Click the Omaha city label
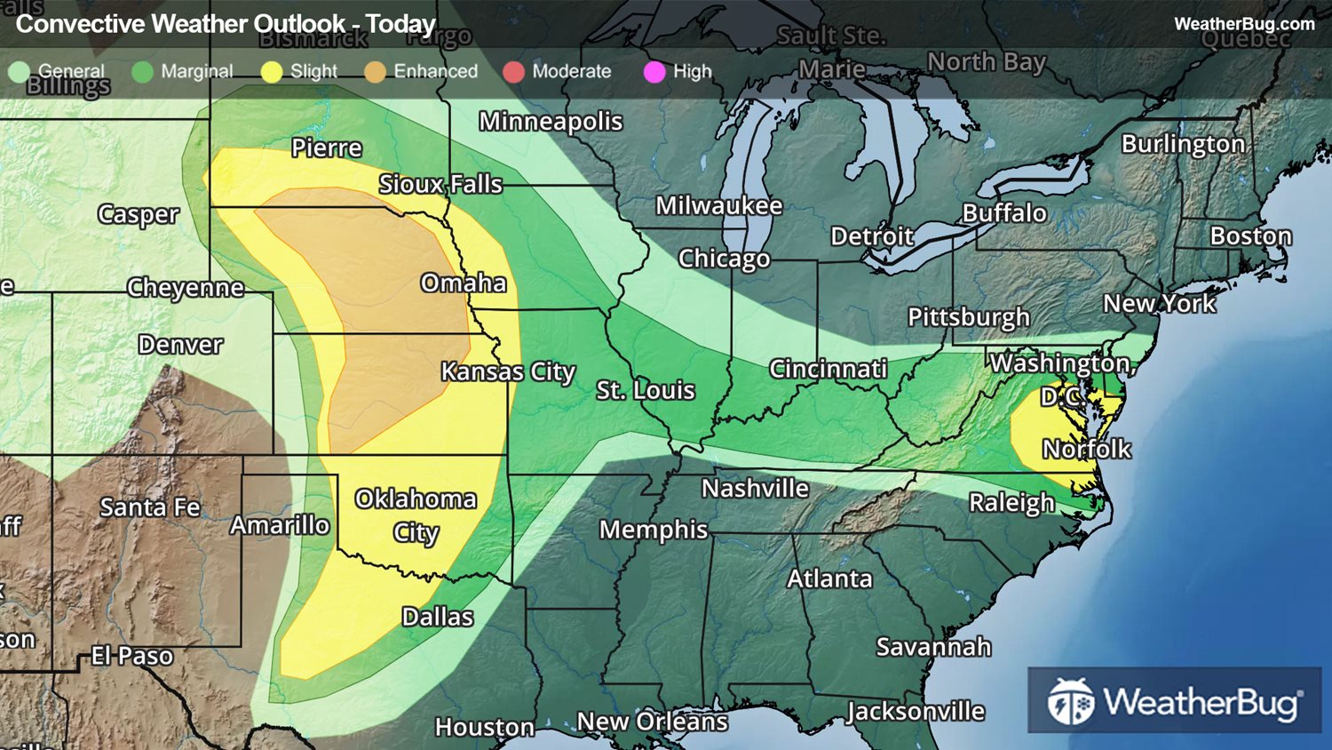(464, 283)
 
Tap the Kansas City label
(508, 371)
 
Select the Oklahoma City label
(416, 515)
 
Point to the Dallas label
(437, 617)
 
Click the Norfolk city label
(1087, 449)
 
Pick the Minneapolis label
(551, 121)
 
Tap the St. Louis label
(645, 390)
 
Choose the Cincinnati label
(828, 369)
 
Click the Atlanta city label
(829, 578)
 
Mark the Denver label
(180, 345)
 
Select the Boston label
(1250, 236)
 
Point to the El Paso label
(132, 656)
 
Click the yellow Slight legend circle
(272, 72)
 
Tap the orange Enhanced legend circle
(375, 72)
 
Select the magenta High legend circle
(654, 72)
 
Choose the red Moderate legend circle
(513, 72)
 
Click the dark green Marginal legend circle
(142, 72)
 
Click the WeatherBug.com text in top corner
(1243, 24)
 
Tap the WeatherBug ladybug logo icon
(1070, 701)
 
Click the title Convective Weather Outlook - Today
(226, 24)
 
